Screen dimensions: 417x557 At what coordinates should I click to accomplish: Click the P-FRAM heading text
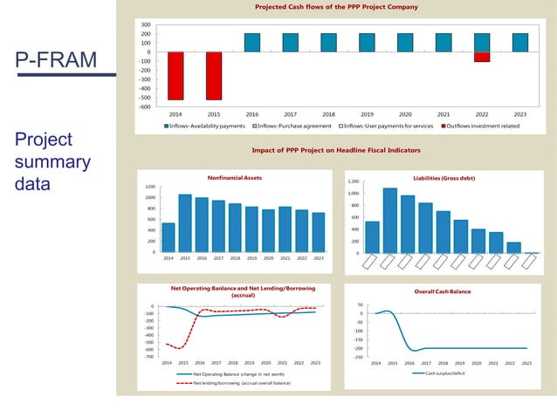tap(55, 60)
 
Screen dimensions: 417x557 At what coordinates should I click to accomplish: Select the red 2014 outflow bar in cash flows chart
tap(175, 76)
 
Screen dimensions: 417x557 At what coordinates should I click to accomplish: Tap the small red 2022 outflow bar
tap(482, 57)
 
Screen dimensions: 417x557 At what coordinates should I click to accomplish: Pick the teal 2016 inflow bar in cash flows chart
tap(252, 43)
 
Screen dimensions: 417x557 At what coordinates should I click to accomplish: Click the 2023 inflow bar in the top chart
tap(520, 43)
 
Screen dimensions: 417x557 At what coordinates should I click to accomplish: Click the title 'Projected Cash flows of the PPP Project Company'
tap(336, 7)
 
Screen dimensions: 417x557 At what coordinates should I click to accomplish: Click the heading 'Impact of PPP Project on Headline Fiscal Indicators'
tap(336, 150)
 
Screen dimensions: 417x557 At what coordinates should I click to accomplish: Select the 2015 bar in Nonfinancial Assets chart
tap(185, 223)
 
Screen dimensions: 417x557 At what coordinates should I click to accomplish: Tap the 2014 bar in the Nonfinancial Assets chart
tap(168, 237)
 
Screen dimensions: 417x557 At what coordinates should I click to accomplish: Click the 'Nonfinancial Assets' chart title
tap(234, 177)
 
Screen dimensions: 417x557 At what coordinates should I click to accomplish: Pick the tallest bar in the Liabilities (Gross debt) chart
tap(389, 221)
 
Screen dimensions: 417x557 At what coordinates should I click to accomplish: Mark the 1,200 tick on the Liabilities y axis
tap(354, 181)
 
